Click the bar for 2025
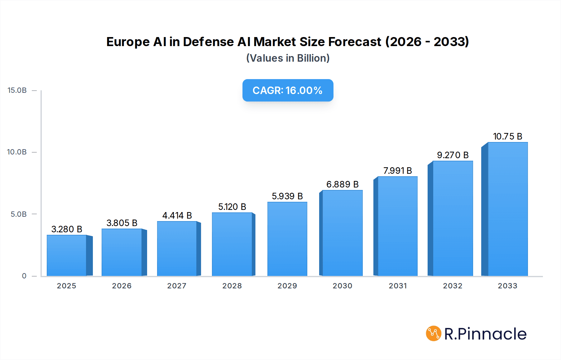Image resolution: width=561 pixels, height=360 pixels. click(67, 255)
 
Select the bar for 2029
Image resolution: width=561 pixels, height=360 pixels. click(287, 239)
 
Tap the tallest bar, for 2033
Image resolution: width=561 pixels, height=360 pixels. click(507, 209)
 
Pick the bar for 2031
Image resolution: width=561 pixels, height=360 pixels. click(397, 226)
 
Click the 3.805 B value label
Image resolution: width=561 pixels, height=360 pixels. click(122, 223)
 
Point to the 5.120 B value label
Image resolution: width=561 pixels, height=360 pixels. click(232, 207)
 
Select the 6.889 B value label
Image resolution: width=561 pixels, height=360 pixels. click(342, 184)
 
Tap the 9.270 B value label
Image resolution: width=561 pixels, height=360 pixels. click(453, 155)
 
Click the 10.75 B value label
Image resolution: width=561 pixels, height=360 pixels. click(507, 136)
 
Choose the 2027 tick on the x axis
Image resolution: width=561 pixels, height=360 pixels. click(177, 286)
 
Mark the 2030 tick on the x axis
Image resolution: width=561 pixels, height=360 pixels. click(342, 286)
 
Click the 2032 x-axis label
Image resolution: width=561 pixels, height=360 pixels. click(453, 286)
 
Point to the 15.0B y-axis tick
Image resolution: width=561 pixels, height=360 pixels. click(17, 90)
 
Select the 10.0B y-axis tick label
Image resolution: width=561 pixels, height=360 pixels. click(17, 152)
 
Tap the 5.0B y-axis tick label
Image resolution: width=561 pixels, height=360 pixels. click(19, 214)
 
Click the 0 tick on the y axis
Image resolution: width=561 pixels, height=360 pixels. click(24, 276)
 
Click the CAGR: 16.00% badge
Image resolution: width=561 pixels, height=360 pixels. click(288, 90)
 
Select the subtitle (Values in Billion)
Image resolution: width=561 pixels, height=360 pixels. click(288, 58)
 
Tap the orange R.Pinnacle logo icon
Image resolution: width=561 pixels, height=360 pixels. click(434, 334)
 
